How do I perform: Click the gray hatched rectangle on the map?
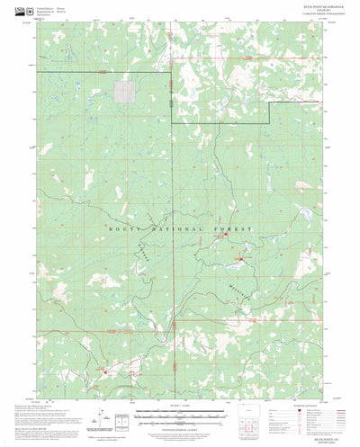[125, 90]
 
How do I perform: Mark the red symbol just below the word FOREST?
[240, 262]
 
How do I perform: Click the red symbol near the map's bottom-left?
[103, 370]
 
